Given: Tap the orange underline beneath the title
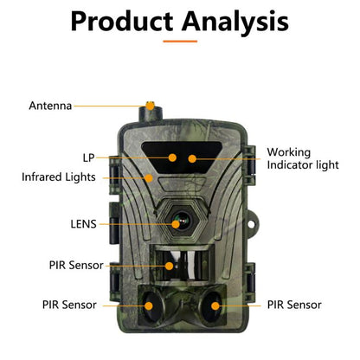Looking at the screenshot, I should pyautogui.click(x=179, y=40).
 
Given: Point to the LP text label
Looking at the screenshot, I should pyautogui.click(x=89, y=157).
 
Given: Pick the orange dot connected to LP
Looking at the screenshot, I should pyautogui.click(x=173, y=157).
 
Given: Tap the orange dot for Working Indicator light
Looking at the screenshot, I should pyautogui.click(x=191, y=157).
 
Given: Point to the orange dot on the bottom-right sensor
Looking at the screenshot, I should pyautogui.click(x=212, y=305).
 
